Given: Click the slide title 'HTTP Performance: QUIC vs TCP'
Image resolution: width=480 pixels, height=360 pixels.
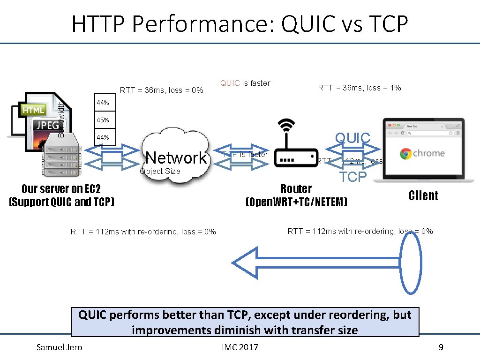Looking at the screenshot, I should coord(240,23).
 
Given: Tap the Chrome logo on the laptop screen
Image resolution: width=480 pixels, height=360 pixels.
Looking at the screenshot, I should coord(405,153).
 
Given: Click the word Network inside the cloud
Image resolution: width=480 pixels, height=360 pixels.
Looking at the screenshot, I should coord(176,157).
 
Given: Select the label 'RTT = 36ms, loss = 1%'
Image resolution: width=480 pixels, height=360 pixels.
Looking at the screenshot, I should coord(360,88).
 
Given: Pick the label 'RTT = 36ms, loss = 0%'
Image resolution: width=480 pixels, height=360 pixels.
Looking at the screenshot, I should coord(162,90).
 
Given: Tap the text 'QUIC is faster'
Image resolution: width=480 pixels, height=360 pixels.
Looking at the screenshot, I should coord(245,83).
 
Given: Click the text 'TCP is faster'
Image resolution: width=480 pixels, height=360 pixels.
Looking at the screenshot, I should coord(245,154).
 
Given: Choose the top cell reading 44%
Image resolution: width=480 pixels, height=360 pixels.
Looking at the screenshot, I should coord(103,103).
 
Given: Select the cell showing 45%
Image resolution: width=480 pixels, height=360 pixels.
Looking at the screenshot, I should coord(103,120).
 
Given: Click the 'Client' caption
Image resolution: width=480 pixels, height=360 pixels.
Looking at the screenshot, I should coord(423,195).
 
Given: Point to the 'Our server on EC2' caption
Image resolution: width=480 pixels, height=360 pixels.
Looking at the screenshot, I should coord(61,189).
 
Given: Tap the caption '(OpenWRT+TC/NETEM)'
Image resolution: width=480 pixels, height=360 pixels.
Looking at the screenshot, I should coord(296,202).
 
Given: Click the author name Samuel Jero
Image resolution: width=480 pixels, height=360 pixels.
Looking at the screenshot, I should coord(60,347).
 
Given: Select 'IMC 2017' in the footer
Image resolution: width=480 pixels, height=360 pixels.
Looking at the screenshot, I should coord(240,347).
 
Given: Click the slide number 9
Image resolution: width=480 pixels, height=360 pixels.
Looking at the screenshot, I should coord(441,347).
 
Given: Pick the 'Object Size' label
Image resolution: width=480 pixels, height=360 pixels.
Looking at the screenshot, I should coord(160,171).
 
